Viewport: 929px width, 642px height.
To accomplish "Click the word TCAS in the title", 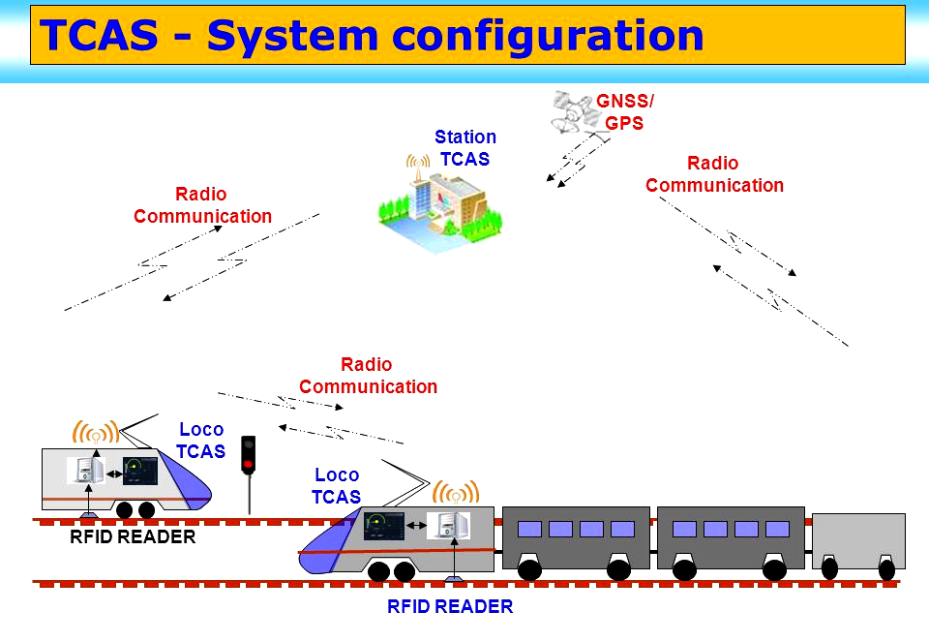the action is click(x=99, y=35).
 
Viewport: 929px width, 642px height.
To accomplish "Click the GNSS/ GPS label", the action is click(x=624, y=111).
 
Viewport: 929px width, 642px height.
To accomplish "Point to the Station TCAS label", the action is click(x=465, y=147).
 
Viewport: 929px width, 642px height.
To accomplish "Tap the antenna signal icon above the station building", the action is click(x=418, y=162).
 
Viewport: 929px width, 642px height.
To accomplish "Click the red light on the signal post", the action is click(x=249, y=464).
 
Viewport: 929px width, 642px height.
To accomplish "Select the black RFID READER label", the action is click(x=133, y=536).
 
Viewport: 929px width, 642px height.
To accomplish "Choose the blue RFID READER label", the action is click(x=450, y=606).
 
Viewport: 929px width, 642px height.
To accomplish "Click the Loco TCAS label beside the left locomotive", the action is click(x=201, y=441).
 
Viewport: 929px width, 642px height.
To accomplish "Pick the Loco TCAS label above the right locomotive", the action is click(x=336, y=485).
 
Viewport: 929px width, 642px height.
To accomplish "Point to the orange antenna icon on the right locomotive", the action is click(x=456, y=493).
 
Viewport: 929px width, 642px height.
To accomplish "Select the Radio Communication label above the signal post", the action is click(x=368, y=376).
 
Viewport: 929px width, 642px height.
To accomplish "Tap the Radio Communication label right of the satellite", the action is click(x=714, y=173).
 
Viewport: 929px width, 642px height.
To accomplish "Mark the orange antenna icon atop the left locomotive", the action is click(x=96, y=432).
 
